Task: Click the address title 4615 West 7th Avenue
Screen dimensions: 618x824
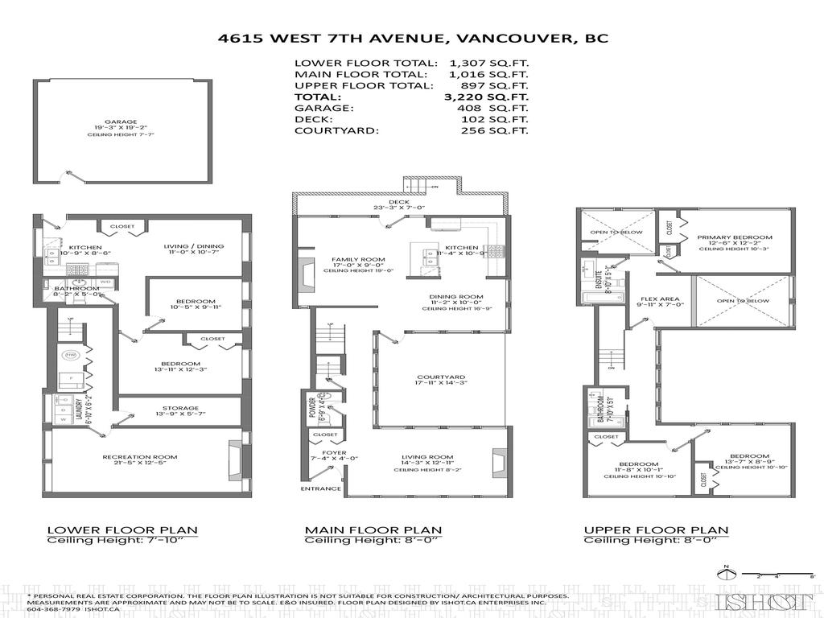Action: tap(412, 38)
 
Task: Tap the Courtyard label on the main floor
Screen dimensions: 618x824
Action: tap(441, 377)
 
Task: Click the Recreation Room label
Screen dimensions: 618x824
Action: tap(139, 457)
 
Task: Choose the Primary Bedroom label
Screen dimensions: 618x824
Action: tap(735, 237)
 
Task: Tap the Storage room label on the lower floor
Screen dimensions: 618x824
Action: tap(179, 408)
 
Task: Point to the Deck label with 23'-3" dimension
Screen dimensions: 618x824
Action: tap(399, 202)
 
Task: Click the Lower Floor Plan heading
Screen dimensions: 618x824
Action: tap(122, 529)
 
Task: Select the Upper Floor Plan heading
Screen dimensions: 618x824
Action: tap(656, 529)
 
